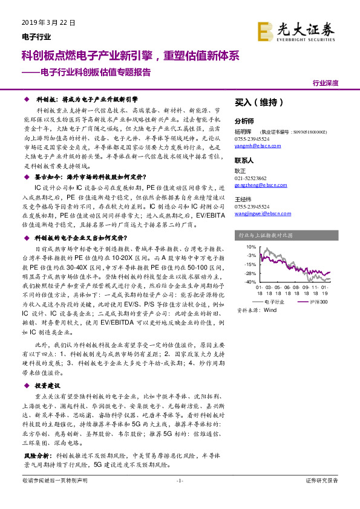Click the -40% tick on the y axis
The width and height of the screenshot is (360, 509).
click(x=250, y=282)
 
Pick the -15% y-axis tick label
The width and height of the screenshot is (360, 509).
click(x=250, y=264)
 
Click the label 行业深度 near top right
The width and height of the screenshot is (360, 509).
click(x=325, y=83)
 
